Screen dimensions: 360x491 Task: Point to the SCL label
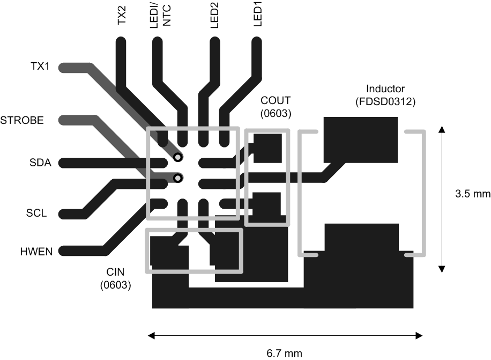tap(36, 213)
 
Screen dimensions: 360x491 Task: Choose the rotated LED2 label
tap(214, 16)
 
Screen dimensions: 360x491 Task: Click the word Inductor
tap(385, 89)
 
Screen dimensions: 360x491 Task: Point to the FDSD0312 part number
tap(385, 101)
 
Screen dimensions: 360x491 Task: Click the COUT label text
tap(276, 100)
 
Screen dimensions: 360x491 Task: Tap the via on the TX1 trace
tap(177, 157)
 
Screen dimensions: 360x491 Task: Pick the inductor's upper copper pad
tap(361, 138)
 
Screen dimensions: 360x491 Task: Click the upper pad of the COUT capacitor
tap(267, 148)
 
